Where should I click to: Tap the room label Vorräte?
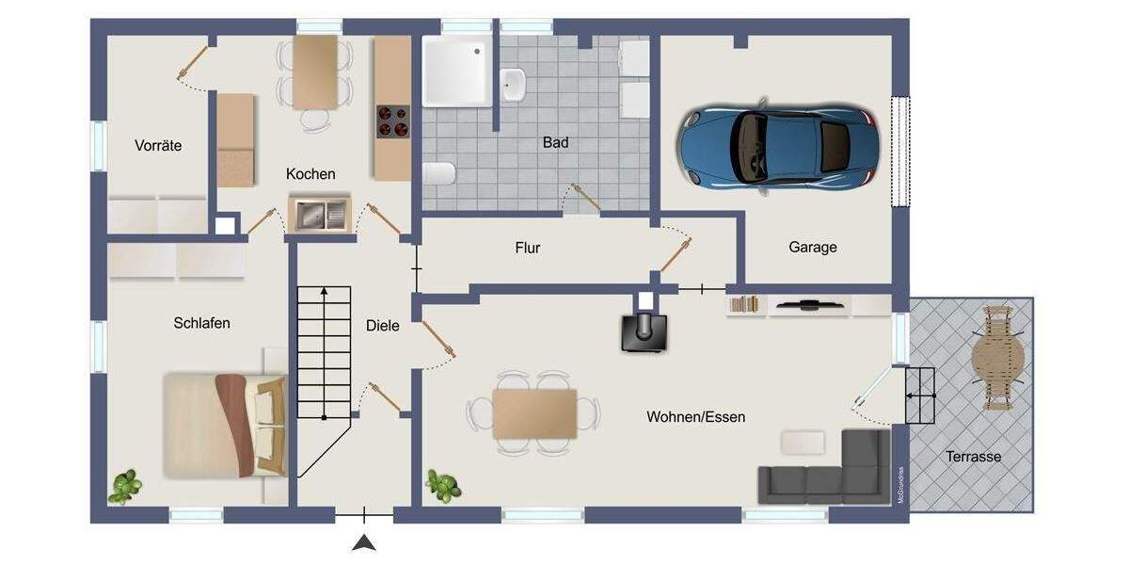coord(158,146)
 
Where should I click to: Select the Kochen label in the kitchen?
coord(310,174)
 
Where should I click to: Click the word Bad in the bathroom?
coord(555,143)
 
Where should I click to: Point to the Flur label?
coord(528,249)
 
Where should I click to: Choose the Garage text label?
coord(813,248)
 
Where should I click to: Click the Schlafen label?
coord(201,323)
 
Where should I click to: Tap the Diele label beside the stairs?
coord(383,326)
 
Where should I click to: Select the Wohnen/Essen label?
coord(695,416)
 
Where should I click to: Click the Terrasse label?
coord(974,457)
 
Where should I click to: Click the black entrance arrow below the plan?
coord(364,542)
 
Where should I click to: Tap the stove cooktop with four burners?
coord(393,121)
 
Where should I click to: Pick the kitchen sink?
coord(318,214)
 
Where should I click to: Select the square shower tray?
coord(456,71)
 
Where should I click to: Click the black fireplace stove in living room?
coord(645,331)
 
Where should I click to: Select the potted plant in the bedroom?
coord(126,486)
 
